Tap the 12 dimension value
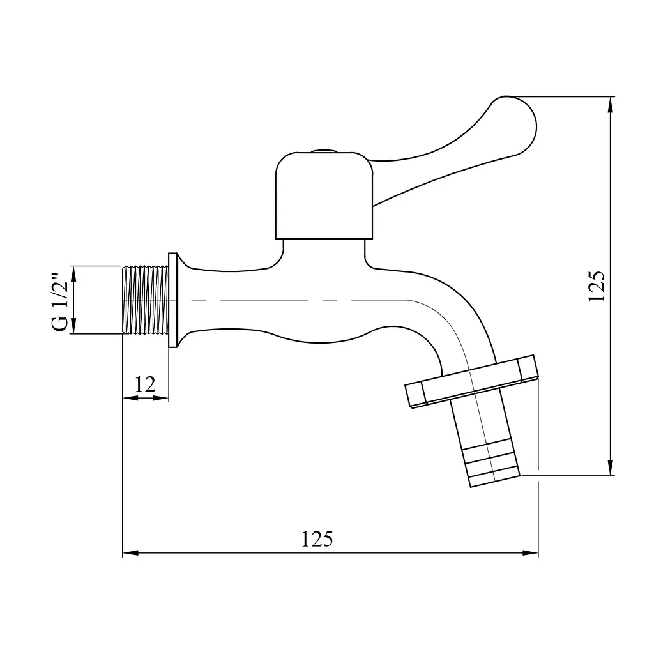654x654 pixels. coord(145,384)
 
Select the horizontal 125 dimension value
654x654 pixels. coord(317,539)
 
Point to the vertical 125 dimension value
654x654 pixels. coord(596,285)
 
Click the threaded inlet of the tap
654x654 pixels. coord(146,300)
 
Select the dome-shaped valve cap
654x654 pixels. coord(324,195)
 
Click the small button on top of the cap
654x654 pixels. coord(324,150)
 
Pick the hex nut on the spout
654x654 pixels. coord(471,382)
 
